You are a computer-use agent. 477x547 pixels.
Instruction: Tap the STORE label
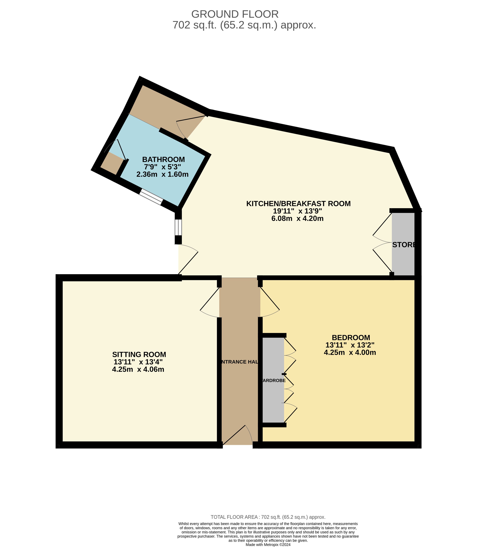click(404, 245)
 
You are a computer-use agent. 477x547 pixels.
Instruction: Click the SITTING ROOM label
click(139, 354)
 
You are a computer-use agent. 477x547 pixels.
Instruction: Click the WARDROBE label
click(274, 381)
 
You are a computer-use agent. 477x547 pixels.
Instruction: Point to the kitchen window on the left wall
click(178, 227)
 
